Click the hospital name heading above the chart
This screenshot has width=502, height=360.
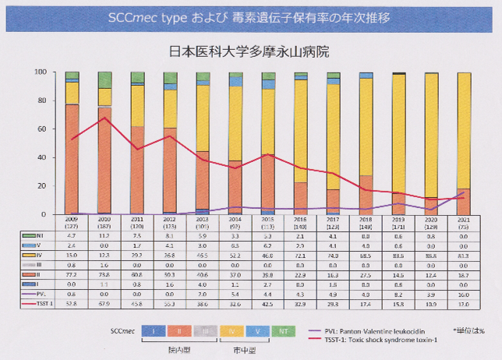point(250,53)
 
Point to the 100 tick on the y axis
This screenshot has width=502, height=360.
point(50,72)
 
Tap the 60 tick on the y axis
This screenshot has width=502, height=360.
point(51,129)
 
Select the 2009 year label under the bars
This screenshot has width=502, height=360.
point(72,220)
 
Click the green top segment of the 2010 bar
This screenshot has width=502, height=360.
point(104,79)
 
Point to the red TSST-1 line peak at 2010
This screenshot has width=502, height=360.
point(104,118)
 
